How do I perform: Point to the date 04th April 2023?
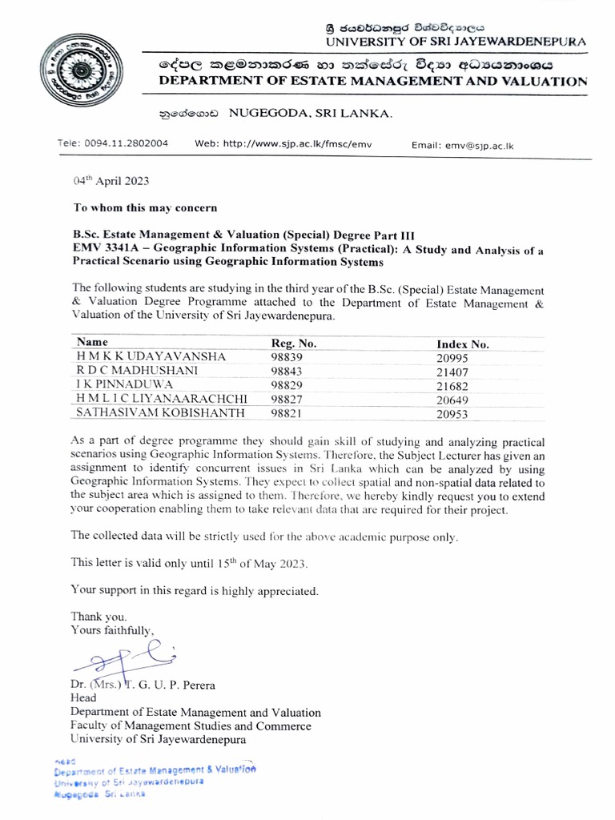111,182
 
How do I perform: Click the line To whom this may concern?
145,207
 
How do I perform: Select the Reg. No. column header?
294,344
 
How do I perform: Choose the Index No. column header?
463,344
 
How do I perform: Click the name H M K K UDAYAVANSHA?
151,357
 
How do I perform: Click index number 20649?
452,400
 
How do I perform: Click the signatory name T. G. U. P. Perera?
171,685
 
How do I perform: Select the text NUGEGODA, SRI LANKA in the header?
311,115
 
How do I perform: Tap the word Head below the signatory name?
83,698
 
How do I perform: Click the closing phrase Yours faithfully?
111,630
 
